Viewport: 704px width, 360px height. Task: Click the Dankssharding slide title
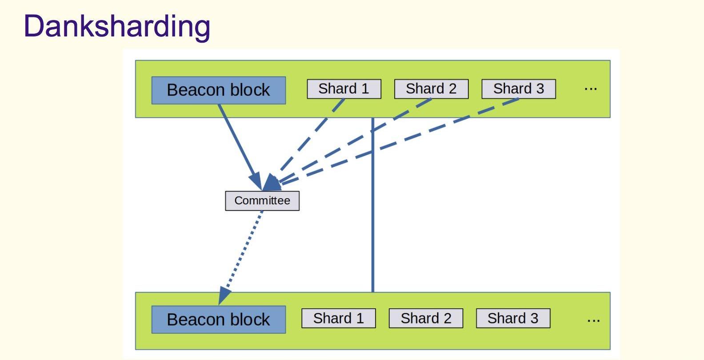117,26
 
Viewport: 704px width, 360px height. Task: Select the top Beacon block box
218,90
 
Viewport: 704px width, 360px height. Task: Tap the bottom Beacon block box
218,320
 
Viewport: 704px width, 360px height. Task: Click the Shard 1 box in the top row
344,89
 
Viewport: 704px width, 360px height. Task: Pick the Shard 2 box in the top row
431,89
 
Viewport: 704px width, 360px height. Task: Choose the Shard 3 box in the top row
519,89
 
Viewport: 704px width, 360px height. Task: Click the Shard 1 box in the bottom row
338,318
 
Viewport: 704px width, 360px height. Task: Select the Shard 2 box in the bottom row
426,318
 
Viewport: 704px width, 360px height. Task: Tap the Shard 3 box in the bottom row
513,318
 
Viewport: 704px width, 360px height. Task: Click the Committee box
262,200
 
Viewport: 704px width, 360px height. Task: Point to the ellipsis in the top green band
590,89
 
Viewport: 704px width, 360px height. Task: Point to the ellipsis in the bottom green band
593,320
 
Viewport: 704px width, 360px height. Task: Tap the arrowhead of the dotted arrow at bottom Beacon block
224,295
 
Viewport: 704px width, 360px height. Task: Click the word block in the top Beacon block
250,90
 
